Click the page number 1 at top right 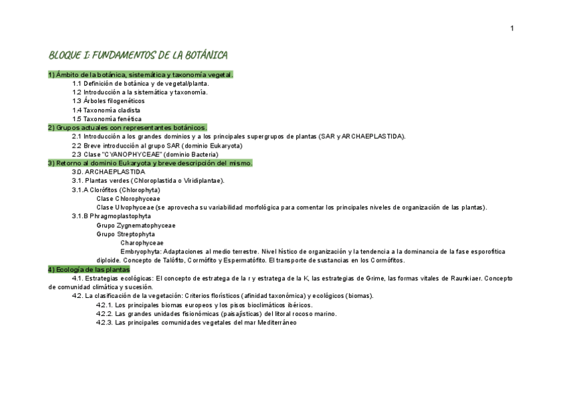tap(512, 28)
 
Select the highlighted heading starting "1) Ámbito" tap(140, 75)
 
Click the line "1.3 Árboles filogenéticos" tap(108, 101)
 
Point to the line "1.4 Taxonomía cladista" tap(106, 110)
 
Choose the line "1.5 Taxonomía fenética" tap(107, 119)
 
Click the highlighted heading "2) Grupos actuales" tap(127, 128)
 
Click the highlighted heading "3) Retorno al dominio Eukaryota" tap(150, 163)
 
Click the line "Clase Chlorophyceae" tap(128, 199)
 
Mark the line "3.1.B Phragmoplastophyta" tap(111, 216)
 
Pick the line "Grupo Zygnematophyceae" tap(135, 225)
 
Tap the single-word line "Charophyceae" tap(141, 243)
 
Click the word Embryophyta tap(140, 251)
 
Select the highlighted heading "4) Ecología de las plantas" tap(88, 269)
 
